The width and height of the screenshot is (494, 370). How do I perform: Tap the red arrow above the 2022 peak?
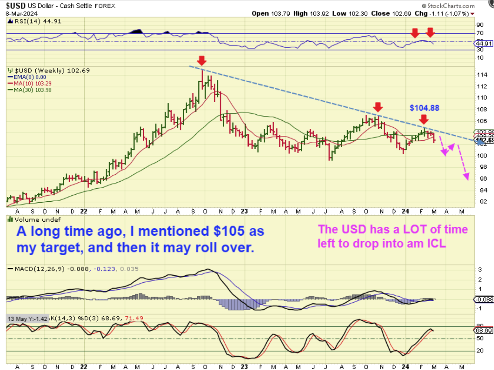202,60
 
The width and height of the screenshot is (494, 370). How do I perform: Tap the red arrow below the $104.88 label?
423,119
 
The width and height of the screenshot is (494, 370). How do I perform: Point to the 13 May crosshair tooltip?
27,319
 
